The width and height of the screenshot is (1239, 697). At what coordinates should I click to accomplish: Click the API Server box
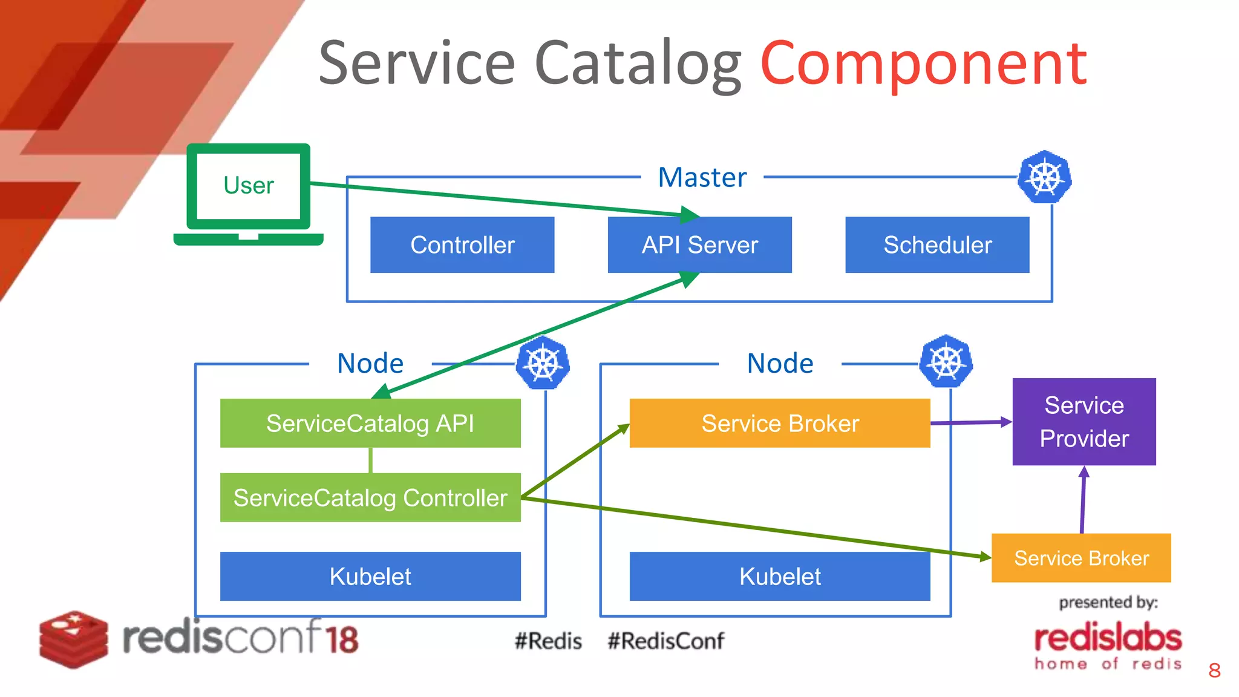coord(699,244)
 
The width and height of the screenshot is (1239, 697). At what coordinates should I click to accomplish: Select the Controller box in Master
coord(462,244)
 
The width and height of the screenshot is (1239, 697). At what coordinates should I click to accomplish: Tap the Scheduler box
coord(937,244)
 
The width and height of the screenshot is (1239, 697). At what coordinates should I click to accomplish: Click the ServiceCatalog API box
coord(370,423)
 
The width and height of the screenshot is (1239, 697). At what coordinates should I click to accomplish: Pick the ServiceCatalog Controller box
coord(370,497)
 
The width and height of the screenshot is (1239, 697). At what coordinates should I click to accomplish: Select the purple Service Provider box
coord(1084,422)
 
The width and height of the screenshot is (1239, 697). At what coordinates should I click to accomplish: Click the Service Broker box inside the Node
coord(779,423)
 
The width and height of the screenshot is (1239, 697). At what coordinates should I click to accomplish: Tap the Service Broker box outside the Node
coord(1080,558)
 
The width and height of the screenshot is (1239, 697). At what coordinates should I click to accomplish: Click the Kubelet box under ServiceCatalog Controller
coord(370,576)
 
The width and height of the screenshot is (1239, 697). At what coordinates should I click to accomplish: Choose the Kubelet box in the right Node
coord(779,576)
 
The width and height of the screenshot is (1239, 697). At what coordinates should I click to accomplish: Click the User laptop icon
coord(248,192)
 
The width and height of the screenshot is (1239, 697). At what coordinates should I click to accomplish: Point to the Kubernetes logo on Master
coord(1045,177)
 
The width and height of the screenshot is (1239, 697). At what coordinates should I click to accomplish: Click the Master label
coord(702,177)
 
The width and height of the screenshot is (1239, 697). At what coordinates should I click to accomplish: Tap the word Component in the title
coord(923,63)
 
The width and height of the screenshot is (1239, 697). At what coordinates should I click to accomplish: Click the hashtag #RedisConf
coord(665,641)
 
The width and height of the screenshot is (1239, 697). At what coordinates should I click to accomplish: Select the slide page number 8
coord(1214,670)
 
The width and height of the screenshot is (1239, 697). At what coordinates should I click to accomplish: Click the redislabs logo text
coord(1108,639)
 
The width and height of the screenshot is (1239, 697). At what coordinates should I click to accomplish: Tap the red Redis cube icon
coord(73,639)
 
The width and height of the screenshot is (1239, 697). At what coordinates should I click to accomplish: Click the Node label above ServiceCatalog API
coord(370,363)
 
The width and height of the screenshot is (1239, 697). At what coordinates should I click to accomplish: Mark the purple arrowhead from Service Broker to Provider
coord(1006,422)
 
